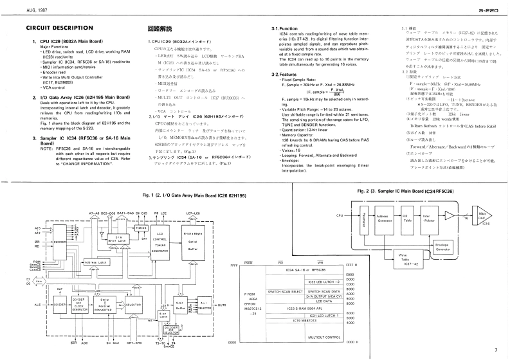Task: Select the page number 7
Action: point(496,350)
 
